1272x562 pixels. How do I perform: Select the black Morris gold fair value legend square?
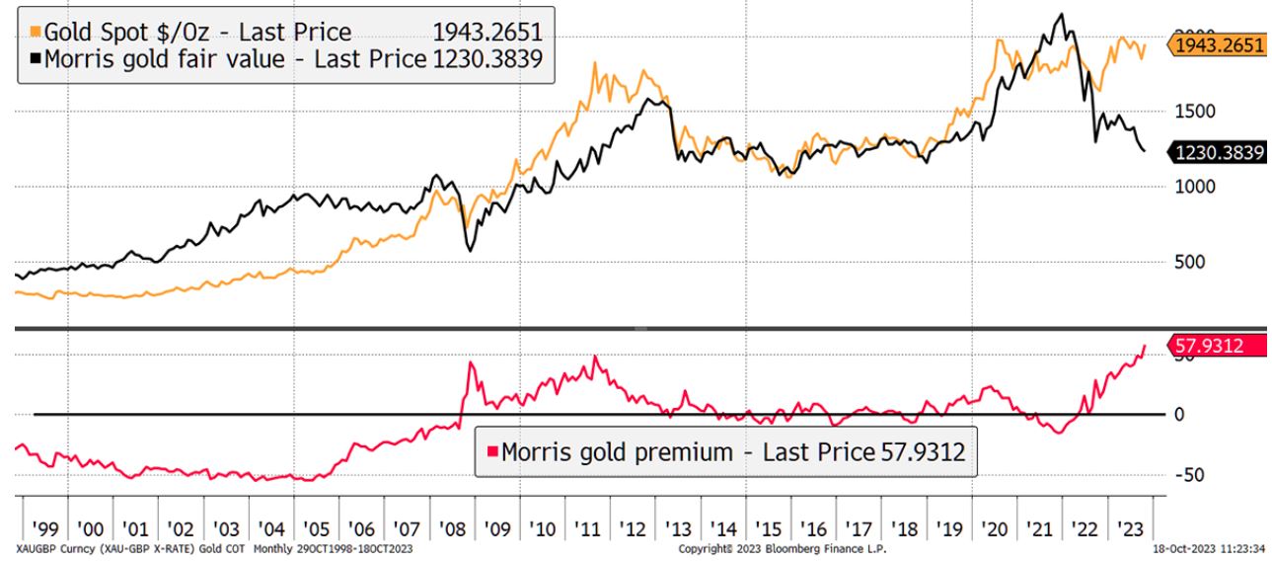(x=37, y=59)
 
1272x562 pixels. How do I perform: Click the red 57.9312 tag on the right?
(x=1213, y=346)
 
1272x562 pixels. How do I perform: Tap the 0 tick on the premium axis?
(x=1178, y=415)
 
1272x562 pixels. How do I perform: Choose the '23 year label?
(x=1133, y=528)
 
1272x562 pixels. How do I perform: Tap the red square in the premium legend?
(x=490, y=452)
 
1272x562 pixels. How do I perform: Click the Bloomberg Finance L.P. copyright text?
(x=784, y=547)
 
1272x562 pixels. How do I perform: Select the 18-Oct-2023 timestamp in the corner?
(x=1211, y=547)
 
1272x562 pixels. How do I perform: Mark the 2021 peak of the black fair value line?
(x=1061, y=15)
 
